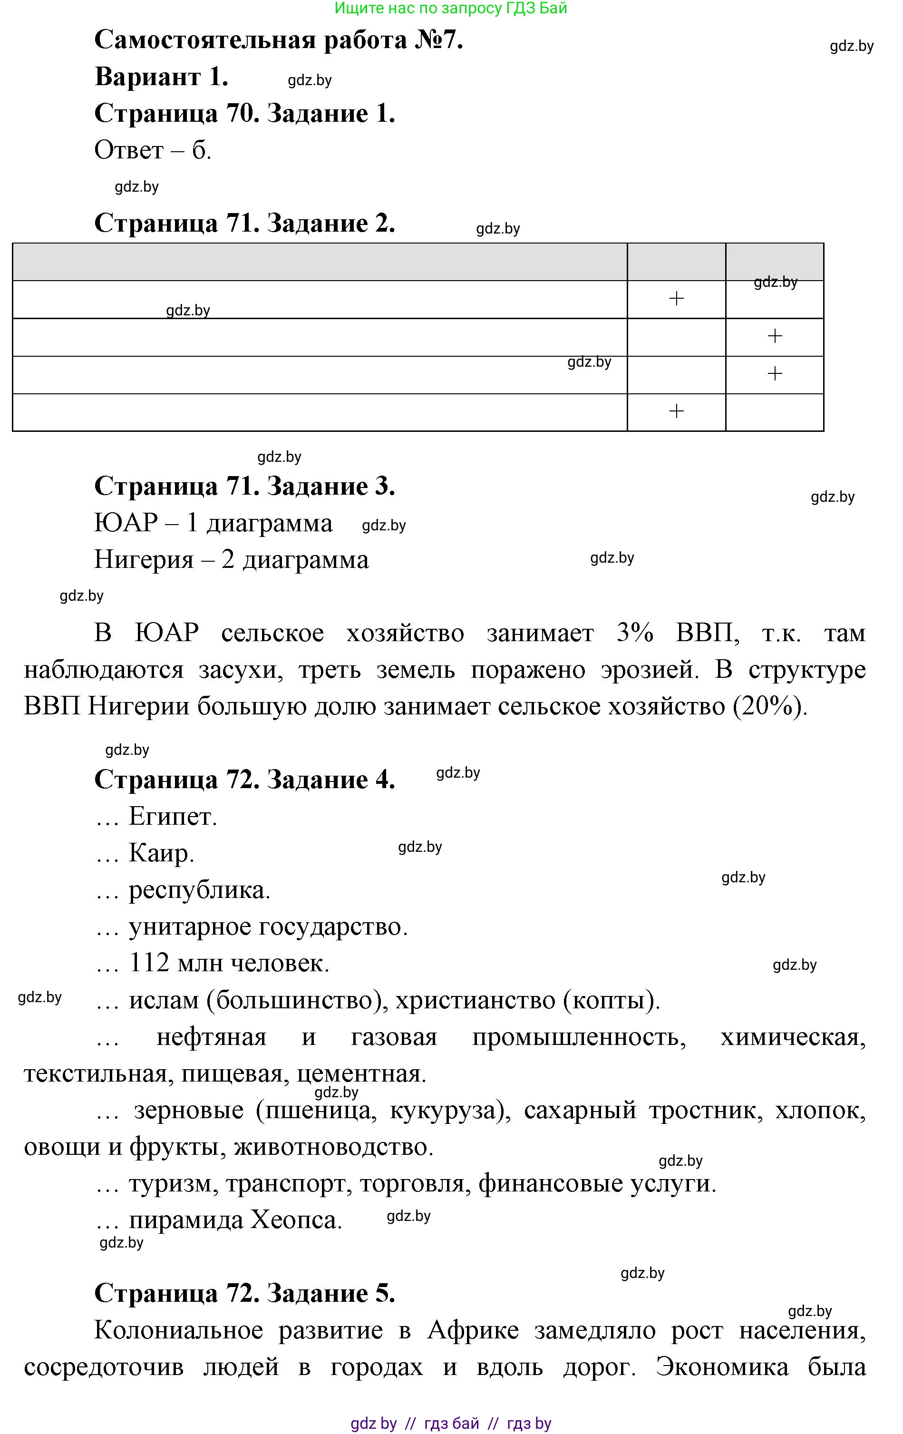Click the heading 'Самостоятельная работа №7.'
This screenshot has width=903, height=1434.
pyautogui.click(x=279, y=40)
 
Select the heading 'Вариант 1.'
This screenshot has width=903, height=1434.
pyautogui.click(x=161, y=78)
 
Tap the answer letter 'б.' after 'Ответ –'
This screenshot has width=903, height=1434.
pyautogui.click(x=201, y=151)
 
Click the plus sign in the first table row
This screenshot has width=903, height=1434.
pyautogui.click(x=676, y=299)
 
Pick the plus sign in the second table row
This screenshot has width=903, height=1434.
pyautogui.click(x=775, y=336)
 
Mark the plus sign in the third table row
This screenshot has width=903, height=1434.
pyautogui.click(x=775, y=374)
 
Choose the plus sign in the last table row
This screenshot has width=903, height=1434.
pyautogui.click(x=676, y=411)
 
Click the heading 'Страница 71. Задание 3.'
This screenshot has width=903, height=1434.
pyautogui.click(x=244, y=487)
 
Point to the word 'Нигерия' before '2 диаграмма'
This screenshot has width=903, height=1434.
pyautogui.click(x=144, y=560)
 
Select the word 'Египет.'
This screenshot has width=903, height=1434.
pyautogui.click(x=173, y=817)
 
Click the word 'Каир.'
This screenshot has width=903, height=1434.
pyautogui.click(x=161, y=853)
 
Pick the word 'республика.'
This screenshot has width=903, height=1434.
pyautogui.click(x=199, y=890)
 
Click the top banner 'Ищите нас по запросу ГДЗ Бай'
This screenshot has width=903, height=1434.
pyautogui.click(x=451, y=9)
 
